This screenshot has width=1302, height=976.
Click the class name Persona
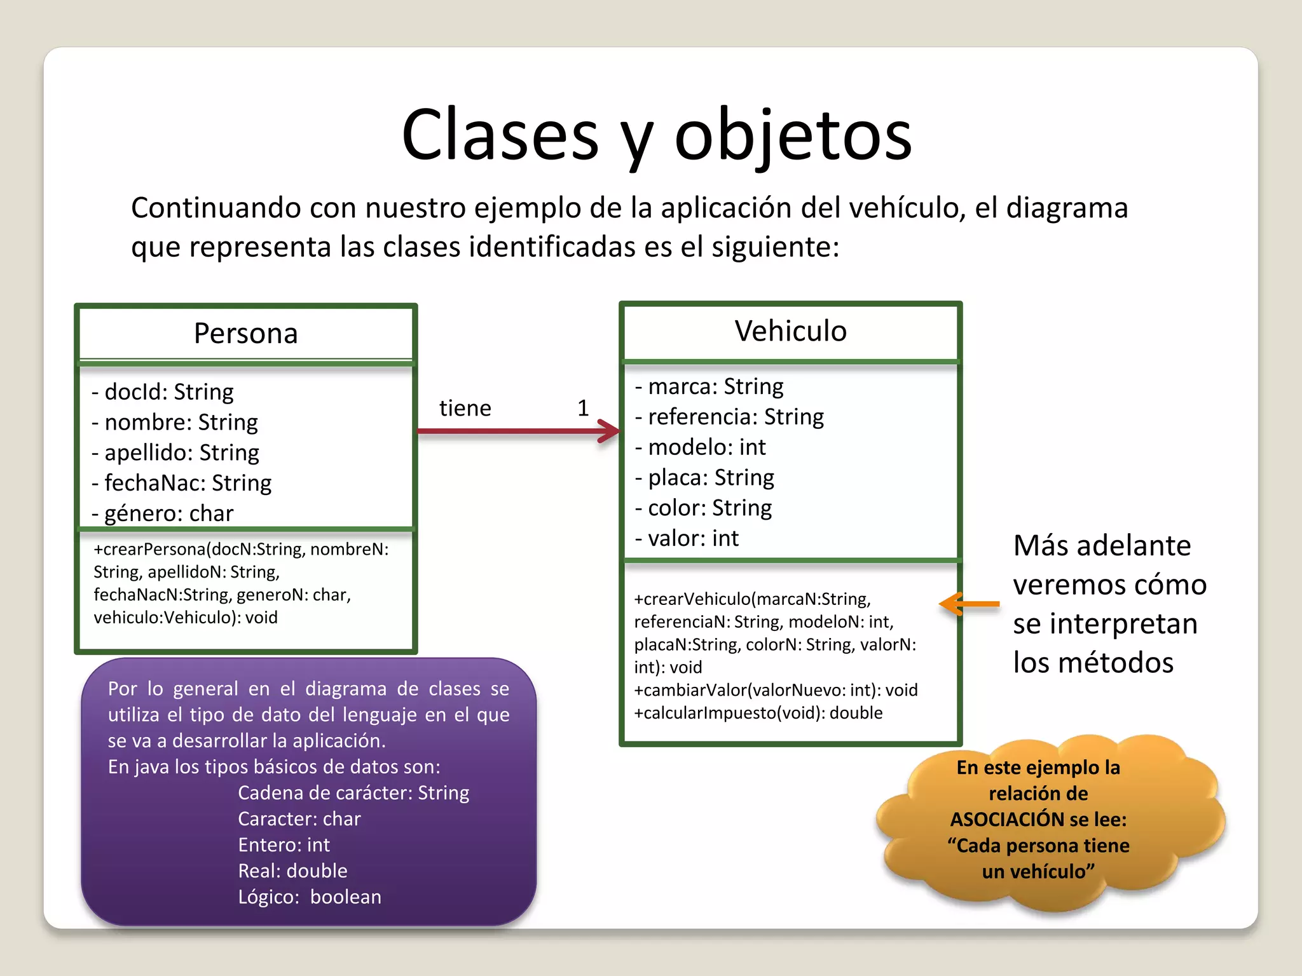tap(245, 334)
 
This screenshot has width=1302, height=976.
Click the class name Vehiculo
tap(790, 331)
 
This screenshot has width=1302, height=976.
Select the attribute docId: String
tap(163, 392)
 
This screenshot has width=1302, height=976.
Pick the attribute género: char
tap(163, 513)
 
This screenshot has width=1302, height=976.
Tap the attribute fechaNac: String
tap(182, 483)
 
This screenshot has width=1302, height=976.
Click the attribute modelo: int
tap(701, 447)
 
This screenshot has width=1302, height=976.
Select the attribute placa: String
tap(705, 478)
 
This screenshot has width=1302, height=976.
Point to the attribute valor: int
tap(687, 539)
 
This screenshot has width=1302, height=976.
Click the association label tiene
tap(465, 409)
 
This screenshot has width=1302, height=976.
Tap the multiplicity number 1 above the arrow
tap(583, 409)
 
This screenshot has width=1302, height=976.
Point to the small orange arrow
tap(968, 604)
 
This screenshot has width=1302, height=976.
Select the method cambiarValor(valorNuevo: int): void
tap(776, 690)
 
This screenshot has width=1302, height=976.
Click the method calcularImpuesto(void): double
tap(758, 713)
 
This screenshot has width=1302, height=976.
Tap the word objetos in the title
tap(793, 135)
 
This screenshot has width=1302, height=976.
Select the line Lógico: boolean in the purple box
tap(310, 897)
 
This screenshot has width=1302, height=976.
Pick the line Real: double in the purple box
tap(292, 871)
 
